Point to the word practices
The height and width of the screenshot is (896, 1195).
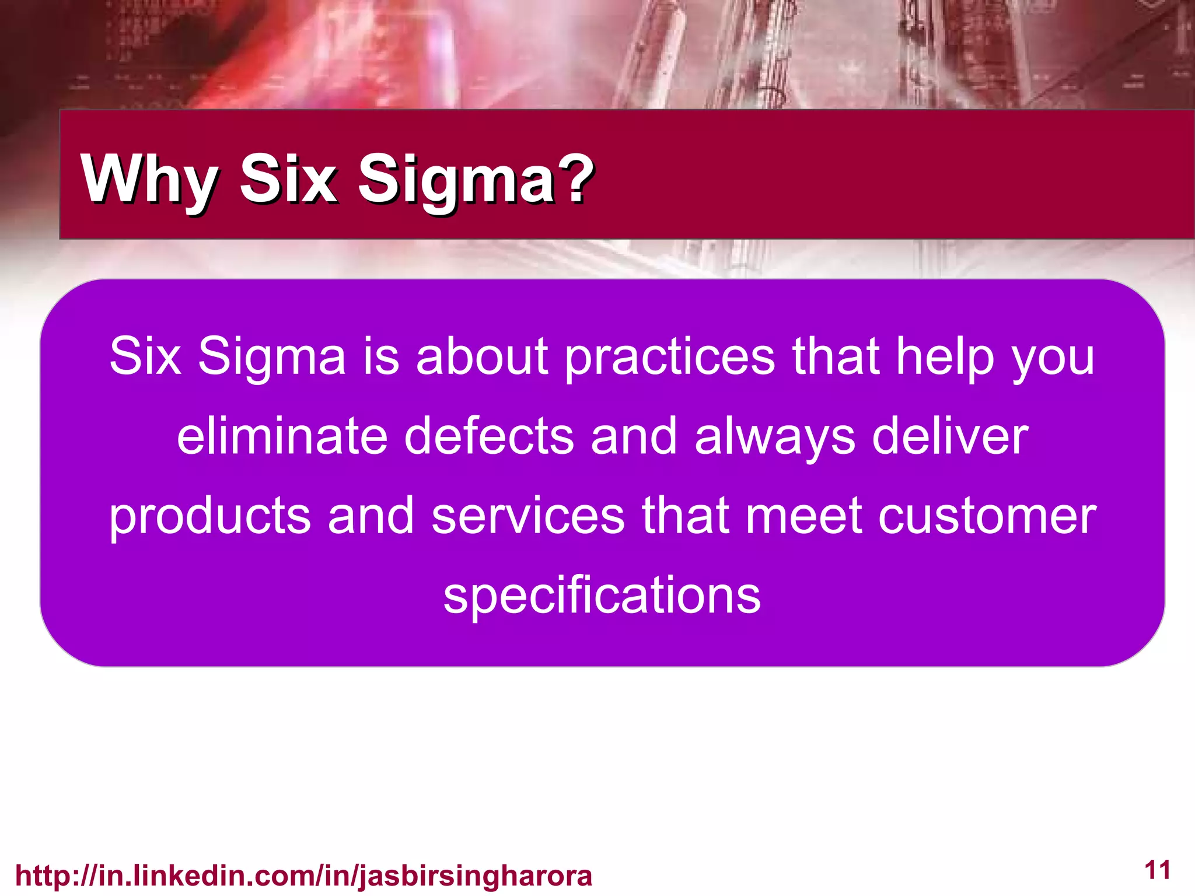tap(670, 357)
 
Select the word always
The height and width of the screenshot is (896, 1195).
tap(774, 437)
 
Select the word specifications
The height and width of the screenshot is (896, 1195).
tap(602, 596)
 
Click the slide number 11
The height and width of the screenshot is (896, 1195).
tap(1158, 870)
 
